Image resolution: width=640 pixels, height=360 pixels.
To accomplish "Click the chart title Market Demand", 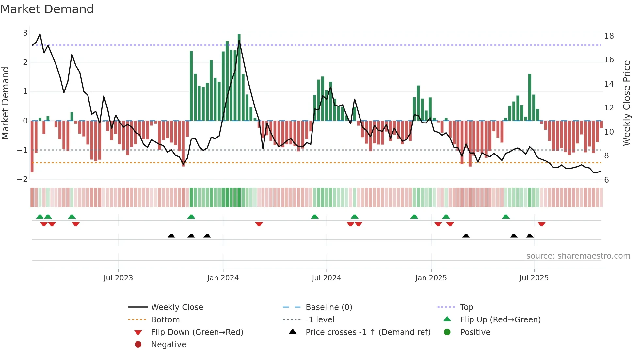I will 47,9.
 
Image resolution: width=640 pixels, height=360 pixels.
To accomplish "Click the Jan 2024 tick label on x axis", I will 223,278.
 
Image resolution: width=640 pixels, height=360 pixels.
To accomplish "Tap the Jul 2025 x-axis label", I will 534,278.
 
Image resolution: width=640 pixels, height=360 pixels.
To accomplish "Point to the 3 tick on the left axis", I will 25,33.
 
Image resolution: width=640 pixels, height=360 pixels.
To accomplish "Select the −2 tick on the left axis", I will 23,179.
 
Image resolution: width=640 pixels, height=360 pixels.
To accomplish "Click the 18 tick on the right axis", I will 609,36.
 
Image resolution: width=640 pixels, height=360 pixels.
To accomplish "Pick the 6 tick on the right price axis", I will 606,180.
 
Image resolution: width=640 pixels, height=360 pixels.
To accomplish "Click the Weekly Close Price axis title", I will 626,103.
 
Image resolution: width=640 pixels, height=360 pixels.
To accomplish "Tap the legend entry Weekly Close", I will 177,307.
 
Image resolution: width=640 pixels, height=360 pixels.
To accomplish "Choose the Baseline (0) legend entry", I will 328,307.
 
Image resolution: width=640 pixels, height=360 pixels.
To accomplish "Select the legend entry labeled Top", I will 466,307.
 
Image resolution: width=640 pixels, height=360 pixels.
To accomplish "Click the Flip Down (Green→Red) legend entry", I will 197,332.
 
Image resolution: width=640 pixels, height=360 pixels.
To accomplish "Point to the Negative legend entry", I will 168,345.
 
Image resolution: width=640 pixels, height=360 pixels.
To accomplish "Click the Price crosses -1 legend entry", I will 368,332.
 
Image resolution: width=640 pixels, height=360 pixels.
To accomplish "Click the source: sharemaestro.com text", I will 578,256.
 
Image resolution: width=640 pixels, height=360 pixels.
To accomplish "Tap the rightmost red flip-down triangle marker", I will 542,224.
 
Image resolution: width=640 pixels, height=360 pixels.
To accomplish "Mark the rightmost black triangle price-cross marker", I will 530,236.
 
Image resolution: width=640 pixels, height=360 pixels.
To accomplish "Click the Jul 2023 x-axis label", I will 118,278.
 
